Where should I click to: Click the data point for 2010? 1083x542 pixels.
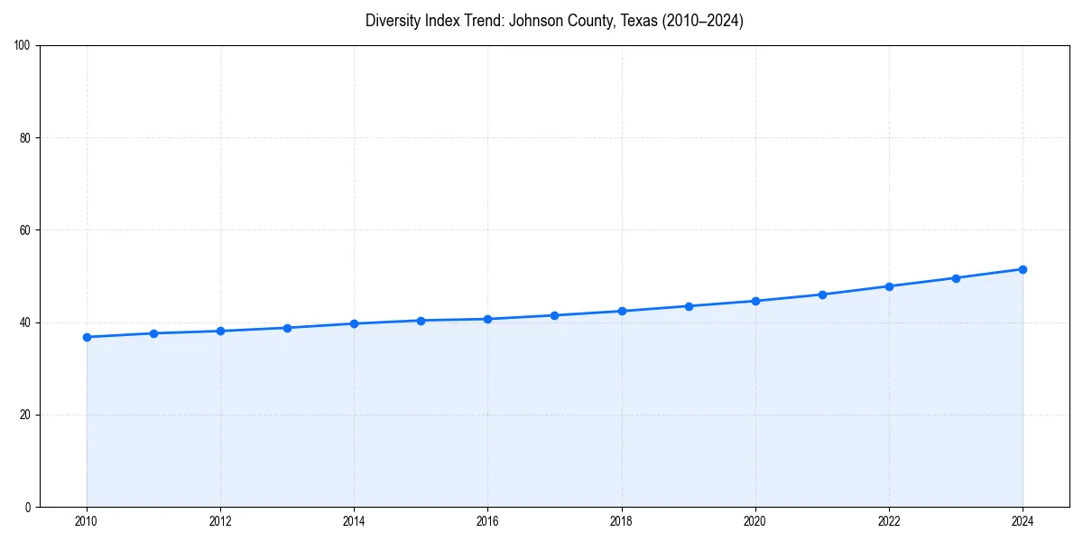87,337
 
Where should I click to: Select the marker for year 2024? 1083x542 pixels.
1023,269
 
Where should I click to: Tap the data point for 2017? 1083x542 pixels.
554,315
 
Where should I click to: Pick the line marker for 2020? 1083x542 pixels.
755,301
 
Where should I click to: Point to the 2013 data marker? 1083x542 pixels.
287,328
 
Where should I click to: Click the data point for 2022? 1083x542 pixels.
889,286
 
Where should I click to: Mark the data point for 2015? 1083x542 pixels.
421,321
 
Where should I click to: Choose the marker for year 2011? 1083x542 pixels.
153,333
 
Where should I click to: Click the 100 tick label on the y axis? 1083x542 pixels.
23,46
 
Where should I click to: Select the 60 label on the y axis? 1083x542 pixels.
25,230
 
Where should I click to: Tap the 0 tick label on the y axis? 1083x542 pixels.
28,507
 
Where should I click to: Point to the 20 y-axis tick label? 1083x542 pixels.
25,415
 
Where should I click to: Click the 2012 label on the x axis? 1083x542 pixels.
220,521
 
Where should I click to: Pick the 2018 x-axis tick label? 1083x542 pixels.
621,521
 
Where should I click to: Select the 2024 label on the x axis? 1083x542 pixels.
1023,521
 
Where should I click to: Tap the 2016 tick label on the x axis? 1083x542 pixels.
487,521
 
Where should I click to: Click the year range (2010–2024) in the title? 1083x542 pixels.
703,21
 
